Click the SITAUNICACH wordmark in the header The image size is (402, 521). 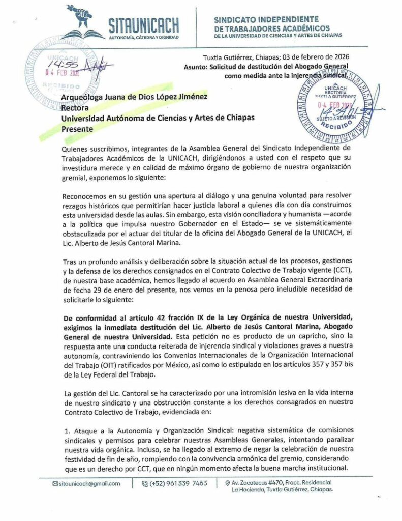143,24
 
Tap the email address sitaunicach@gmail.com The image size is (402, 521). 89,484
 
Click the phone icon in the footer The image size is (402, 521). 145,484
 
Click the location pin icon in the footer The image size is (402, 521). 227,482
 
